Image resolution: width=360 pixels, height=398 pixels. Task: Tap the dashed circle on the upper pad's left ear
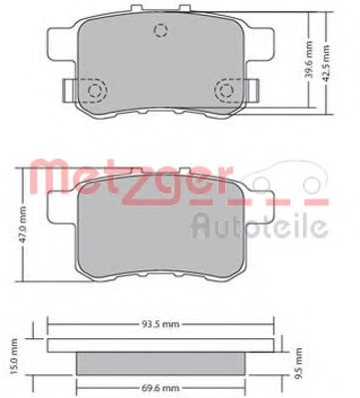[98, 93]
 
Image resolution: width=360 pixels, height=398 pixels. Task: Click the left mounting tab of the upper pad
[62, 91]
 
